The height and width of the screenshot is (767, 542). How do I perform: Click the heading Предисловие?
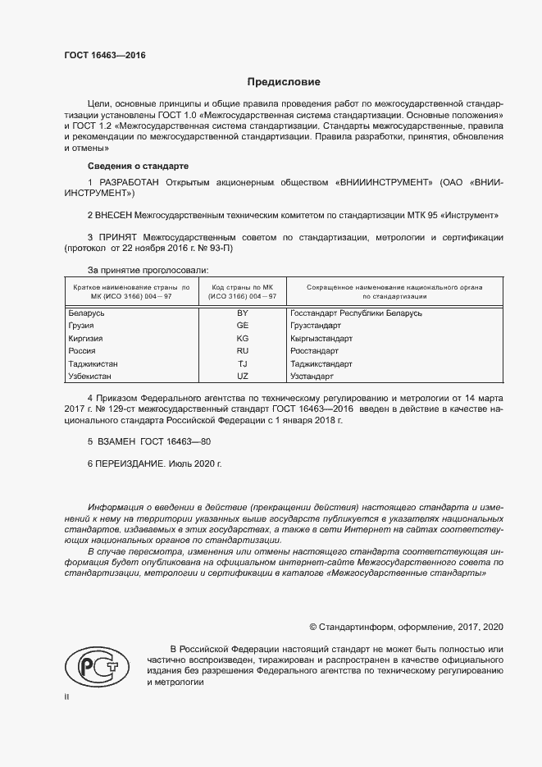(285, 82)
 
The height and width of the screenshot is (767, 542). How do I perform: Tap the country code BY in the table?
(242, 313)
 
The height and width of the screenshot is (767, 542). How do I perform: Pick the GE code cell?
(242, 326)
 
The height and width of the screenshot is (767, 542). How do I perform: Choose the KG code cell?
(242, 338)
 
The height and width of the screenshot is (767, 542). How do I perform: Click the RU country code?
(242, 351)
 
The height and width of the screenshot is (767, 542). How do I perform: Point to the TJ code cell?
(242, 363)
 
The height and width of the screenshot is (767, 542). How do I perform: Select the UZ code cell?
(242, 376)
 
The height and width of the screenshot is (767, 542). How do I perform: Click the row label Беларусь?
(86, 313)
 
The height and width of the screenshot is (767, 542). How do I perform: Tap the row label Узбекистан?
(91, 376)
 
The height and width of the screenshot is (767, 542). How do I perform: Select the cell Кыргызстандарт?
(321, 338)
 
